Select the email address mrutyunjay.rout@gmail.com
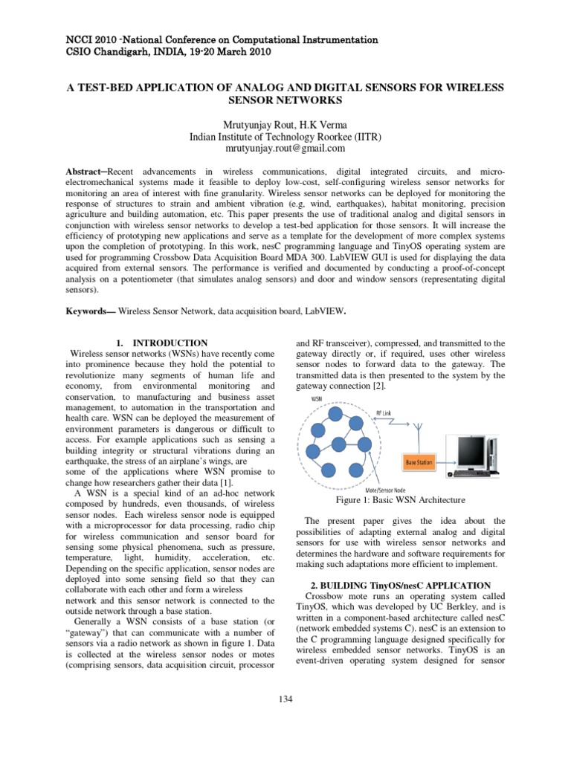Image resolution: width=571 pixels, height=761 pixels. (x=286, y=148)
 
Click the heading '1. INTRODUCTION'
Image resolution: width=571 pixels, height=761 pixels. (x=162, y=343)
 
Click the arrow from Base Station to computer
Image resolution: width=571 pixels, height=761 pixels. (x=447, y=462)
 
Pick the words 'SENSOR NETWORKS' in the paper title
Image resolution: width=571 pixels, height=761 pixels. (x=286, y=99)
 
